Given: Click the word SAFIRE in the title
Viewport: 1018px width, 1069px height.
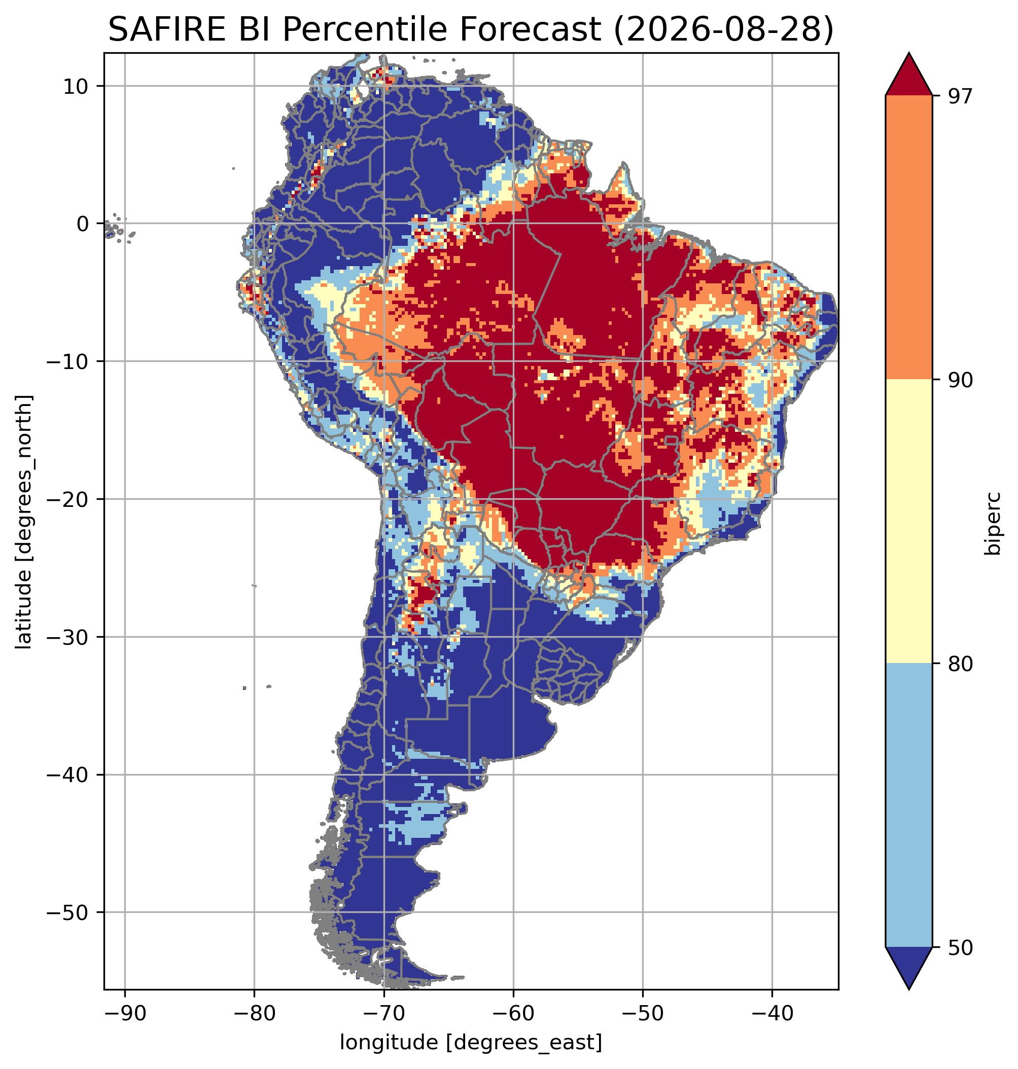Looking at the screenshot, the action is pyautogui.click(x=168, y=29).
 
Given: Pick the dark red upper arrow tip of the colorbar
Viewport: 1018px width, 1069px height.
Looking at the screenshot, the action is pyautogui.click(x=908, y=53).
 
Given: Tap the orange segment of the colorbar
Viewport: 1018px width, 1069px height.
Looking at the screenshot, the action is pyautogui.click(x=908, y=237).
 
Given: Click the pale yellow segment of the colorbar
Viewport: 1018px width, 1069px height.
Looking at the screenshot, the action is pyautogui.click(x=908, y=521).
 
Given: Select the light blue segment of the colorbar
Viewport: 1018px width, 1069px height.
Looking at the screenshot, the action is pyautogui.click(x=908, y=805).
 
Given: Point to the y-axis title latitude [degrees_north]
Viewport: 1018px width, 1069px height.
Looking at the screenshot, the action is pyautogui.click(x=23, y=521).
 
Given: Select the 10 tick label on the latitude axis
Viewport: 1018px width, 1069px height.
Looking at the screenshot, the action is pyautogui.click(x=76, y=86).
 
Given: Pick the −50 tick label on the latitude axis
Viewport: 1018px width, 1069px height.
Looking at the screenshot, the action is pyautogui.click(x=67, y=912).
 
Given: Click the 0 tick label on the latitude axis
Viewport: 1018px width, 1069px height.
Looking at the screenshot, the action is pyautogui.click(x=83, y=224).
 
